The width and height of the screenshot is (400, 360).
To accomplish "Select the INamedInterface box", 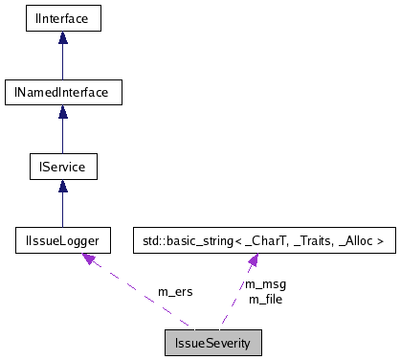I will (x=62, y=92).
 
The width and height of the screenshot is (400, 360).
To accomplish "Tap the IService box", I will (x=62, y=168).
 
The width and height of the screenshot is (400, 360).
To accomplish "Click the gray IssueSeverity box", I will (x=211, y=341).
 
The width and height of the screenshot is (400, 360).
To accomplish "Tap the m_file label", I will (x=266, y=299).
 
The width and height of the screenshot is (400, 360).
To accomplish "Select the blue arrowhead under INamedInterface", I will (x=62, y=112).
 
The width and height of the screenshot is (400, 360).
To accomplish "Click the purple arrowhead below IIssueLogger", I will (x=89, y=259).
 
